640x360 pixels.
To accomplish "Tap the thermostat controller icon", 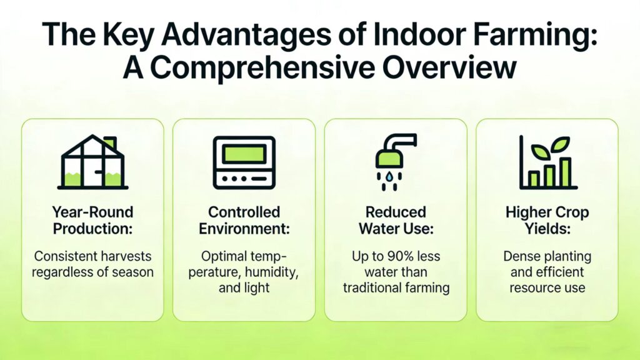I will pyautogui.click(x=244, y=162).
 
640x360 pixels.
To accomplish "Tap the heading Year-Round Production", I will pyautogui.click(x=92, y=220).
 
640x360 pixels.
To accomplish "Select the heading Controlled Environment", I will pyautogui.click(x=244, y=220).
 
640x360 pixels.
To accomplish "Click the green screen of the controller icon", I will pyautogui.click(x=244, y=154).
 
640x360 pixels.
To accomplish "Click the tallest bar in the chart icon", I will pyautogui.click(x=565, y=172).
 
